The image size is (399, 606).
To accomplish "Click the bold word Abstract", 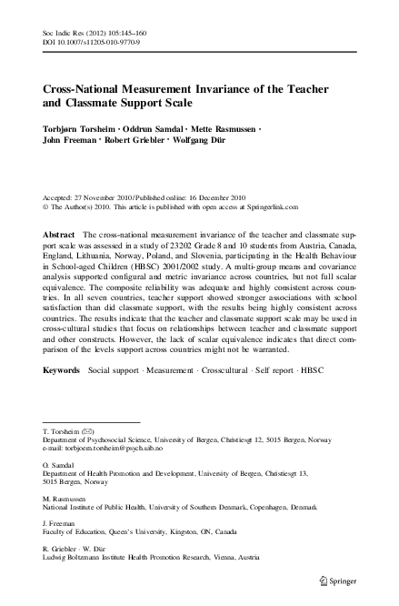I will coord(59,235).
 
